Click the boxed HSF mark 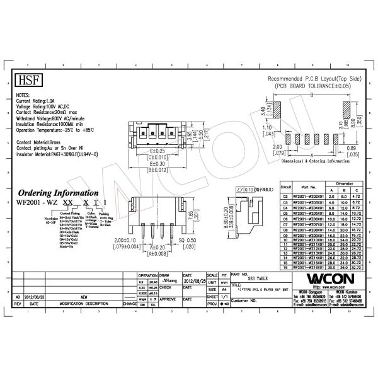27,81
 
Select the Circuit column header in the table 286,187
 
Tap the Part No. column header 308,187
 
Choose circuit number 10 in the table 286,239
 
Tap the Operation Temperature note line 55,129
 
